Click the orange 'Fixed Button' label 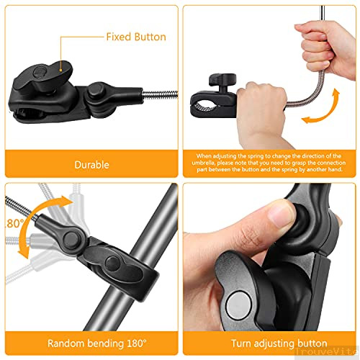coord(136,37)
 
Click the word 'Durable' coord(91,165)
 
